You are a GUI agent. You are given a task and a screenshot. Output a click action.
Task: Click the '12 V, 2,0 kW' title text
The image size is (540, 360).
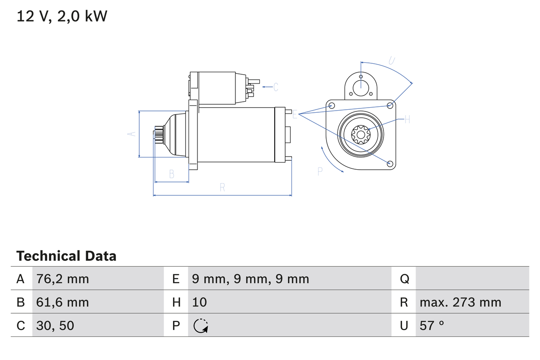pyautogui.click(x=62, y=16)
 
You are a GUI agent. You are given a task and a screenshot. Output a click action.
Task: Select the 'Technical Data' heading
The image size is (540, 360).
pyautogui.click(x=66, y=256)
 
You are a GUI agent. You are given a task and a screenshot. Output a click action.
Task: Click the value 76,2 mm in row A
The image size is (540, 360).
pyautogui.click(x=63, y=279)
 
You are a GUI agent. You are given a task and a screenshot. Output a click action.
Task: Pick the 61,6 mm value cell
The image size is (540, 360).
pyautogui.click(x=63, y=302)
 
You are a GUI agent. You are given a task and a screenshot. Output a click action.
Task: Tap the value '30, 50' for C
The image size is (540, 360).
pyautogui.click(x=55, y=325)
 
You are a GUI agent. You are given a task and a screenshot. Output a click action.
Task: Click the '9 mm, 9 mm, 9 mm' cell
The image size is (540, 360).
pyautogui.click(x=251, y=279)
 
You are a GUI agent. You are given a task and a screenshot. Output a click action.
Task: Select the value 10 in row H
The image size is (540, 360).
pyautogui.click(x=200, y=302)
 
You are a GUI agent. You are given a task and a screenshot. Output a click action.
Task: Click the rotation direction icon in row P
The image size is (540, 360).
pyautogui.click(x=201, y=325)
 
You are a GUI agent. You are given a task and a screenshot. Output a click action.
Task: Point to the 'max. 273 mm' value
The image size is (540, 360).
pyautogui.click(x=460, y=302)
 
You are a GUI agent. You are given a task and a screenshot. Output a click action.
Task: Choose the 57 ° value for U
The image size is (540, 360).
pyautogui.click(x=432, y=325)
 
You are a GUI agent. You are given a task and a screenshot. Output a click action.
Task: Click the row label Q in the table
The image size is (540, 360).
pyautogui.click(x=404, y=279)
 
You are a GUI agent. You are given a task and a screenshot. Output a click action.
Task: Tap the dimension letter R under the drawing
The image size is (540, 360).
pyautogui.click(x=222, y=188)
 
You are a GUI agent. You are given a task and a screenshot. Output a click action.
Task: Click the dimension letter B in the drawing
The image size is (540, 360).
pyautogui.click(x=171, y=174)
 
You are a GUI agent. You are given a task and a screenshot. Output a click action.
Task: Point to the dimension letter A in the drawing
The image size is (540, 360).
pyautogui.click(x=132, y=134)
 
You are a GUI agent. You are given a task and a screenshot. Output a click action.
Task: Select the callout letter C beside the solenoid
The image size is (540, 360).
pyautogui.click(x=275, y=87)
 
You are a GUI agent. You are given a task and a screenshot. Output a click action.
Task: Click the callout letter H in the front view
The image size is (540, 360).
pyautogui.click(x=407, y=119)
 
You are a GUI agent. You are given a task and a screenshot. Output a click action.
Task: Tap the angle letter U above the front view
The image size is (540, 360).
pyautogui.click(x=391, y=60)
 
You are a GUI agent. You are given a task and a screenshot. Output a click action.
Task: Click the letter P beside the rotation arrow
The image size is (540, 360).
pyautogui.click(x=320, y=171)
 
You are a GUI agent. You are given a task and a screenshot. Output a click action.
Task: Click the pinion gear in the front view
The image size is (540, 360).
pyautogui.click(x=361, y=135)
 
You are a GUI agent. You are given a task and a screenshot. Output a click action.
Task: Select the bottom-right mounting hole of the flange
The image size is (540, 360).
pyautogui.click(x=390, y=163)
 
